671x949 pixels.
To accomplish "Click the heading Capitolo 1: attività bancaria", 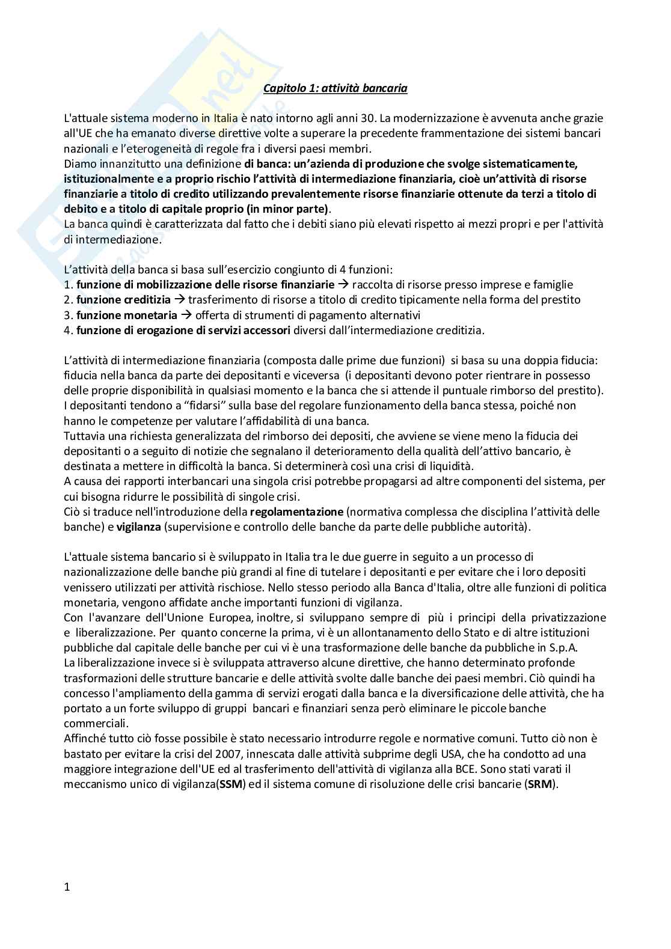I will [335, 89].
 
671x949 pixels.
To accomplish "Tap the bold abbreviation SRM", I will [542, 784].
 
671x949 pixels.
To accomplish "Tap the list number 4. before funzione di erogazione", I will [68, 330].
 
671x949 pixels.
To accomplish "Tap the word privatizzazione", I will [559, 617].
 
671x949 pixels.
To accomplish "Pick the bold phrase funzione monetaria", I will [127, 315].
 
